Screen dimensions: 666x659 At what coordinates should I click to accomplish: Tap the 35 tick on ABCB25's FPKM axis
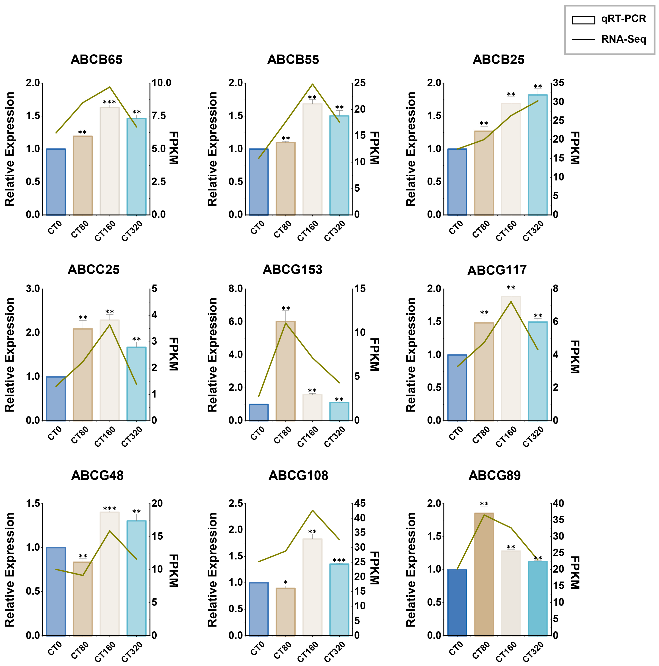(x=559, y=83)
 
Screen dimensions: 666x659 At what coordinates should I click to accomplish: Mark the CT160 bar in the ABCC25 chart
(x=110, y=370)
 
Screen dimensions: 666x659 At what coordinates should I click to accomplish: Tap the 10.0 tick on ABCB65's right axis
(x=161, y=83)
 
